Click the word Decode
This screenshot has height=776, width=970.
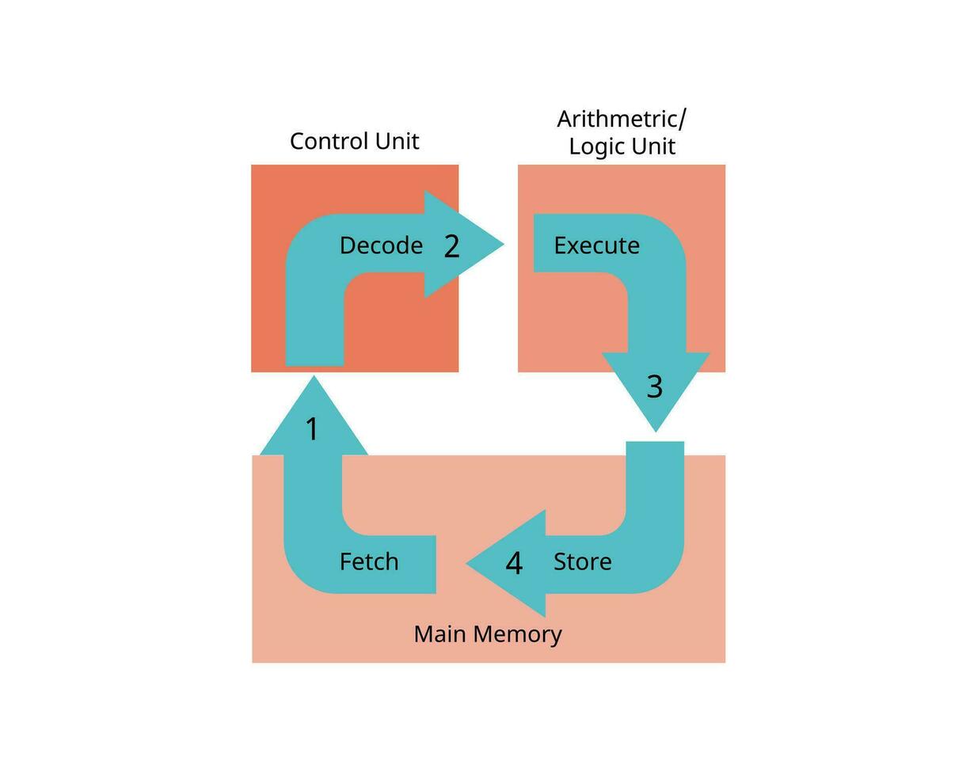[x=381, y=245]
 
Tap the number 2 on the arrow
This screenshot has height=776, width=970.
[x=451, y=246]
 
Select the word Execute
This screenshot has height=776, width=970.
[x=596, y=245]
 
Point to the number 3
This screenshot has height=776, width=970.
[x=654, y=386]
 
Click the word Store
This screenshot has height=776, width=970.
[x=582, y=561]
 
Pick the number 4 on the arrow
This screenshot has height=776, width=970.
[x=514, y=564]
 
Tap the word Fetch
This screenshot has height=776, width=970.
[x=368, y=561]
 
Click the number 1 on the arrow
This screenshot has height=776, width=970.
[x=312, y=429]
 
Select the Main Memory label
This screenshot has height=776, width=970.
[x=488, y=633]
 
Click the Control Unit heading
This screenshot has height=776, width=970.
[x=354, y=141]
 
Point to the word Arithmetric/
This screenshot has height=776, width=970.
[x=622, y=119]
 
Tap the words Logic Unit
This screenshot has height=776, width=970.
[x=622, y=146]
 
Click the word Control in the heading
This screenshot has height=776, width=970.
[x=322, y=141]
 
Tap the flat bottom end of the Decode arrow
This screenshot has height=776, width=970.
[x=314, y=363]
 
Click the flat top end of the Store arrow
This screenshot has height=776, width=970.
[x=655, y=444]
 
